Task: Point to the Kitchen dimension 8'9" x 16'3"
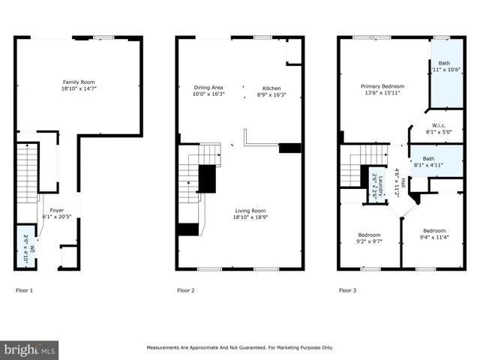tap(271, 94)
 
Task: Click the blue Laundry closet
tap(380, 185)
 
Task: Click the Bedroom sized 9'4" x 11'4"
tap(434, 235)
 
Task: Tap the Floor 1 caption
tap(25, 289)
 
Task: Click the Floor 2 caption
tap(186, 289)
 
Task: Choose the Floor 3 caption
tap(347, 289)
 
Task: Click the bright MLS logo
tap(30, 349)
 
